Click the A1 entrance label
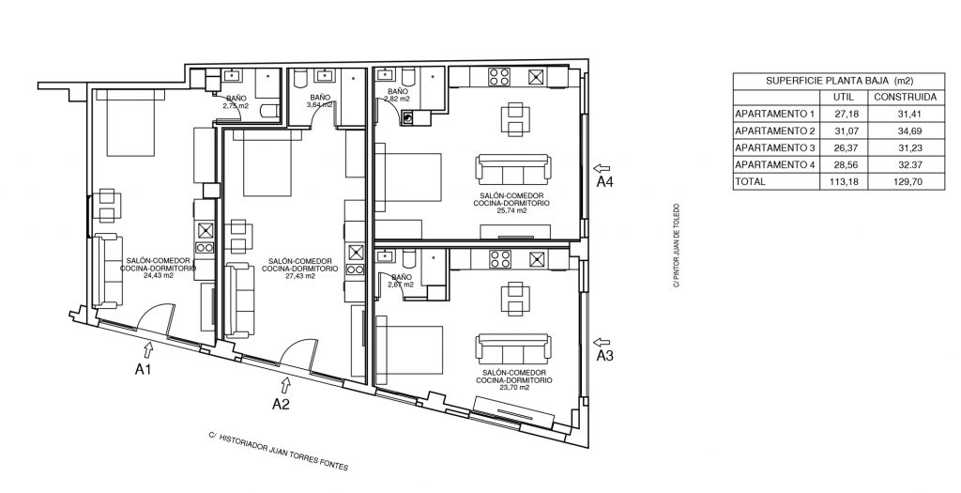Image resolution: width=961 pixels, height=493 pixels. pos(143,369)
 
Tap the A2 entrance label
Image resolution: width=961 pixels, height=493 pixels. pos(281,404)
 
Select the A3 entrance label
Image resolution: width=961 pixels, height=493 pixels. pos(605,356)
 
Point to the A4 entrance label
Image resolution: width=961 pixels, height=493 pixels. pos(605,181)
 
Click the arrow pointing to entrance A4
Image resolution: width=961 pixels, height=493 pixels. pos(602,168)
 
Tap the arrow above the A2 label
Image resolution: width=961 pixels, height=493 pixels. pos(285,385)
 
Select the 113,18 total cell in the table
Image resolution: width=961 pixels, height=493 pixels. pos(844,181)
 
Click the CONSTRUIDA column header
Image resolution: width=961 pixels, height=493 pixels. pos(906,97)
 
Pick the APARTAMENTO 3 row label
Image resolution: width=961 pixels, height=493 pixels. pos(775,147)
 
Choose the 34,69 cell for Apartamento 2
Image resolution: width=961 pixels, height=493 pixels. pos(906,131)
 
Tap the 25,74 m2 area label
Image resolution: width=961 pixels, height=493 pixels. pos(511,210)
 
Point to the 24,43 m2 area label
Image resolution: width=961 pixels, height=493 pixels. pos(158,275)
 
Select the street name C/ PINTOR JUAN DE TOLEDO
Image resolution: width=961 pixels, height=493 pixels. pos(677,246)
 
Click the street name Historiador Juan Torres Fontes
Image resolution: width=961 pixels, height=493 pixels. pos(278,451)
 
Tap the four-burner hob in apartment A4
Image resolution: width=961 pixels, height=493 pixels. pos(498,77)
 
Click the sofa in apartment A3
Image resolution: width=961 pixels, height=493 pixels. pos(513,349)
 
